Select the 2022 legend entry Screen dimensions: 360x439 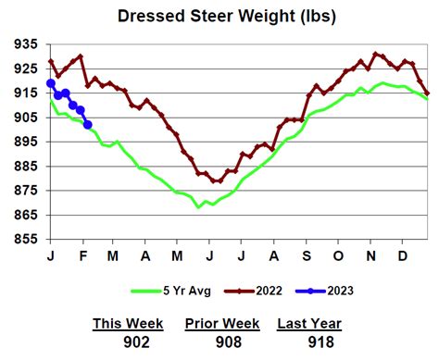259,291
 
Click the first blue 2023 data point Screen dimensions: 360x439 50,83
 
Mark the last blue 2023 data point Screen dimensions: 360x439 87,125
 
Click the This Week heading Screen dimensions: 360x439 128,323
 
